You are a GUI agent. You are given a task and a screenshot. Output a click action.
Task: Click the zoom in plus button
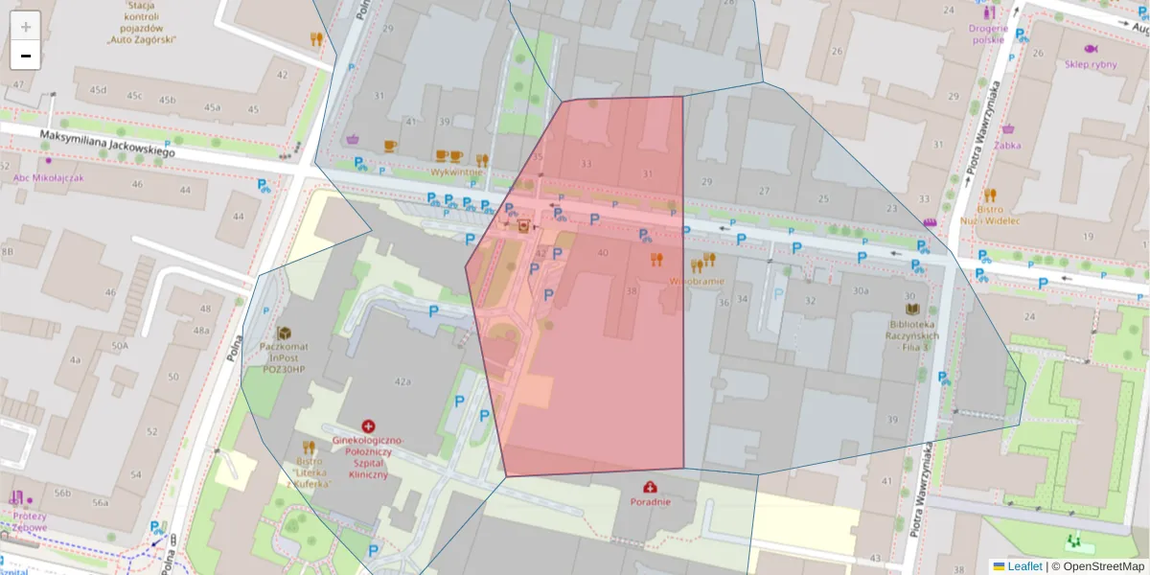(x=26, y=26)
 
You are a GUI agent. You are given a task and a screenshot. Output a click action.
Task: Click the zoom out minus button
(x=26, y=56)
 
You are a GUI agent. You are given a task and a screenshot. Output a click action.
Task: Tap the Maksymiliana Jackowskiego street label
(x=106, y=145)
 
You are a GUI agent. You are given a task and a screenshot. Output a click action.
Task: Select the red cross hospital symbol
(x=368, y=425)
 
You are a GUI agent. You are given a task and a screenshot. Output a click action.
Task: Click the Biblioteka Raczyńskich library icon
(x=912, y=310)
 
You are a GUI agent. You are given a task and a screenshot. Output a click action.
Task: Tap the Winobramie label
(x=697, y=282)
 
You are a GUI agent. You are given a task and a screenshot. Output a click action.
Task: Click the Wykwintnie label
(x=456, y=172)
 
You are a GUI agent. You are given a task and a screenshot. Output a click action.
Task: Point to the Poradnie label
(x=651, y=501)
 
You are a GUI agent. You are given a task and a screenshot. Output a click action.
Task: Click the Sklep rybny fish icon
(x=1091, y=49)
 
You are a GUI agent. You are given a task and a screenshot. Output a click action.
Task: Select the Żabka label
(x=1007, y=146)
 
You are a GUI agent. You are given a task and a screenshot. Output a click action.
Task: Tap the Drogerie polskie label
(x=988, y=34)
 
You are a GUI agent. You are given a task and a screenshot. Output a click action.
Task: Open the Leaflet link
(x=1024, y=565)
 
